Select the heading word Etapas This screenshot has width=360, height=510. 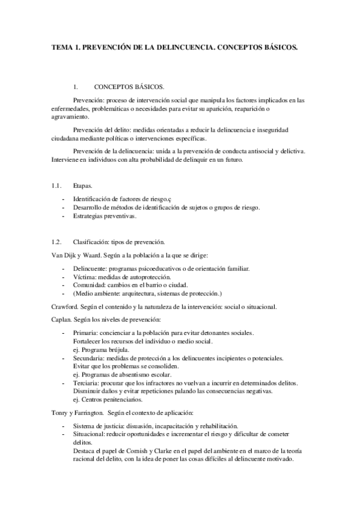[x=82, y=187]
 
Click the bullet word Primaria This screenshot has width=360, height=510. [x=83, y=333]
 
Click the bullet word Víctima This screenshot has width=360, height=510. [x=82, y=276]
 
